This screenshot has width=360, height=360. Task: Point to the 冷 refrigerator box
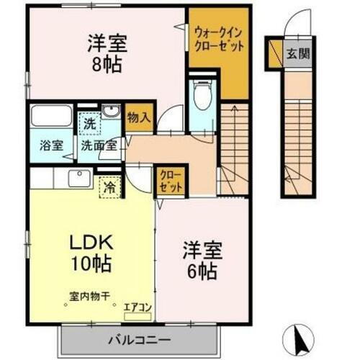110,185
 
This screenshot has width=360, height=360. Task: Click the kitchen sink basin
79,178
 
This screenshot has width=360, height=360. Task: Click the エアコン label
138,308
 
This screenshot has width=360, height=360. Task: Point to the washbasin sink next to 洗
111,111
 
